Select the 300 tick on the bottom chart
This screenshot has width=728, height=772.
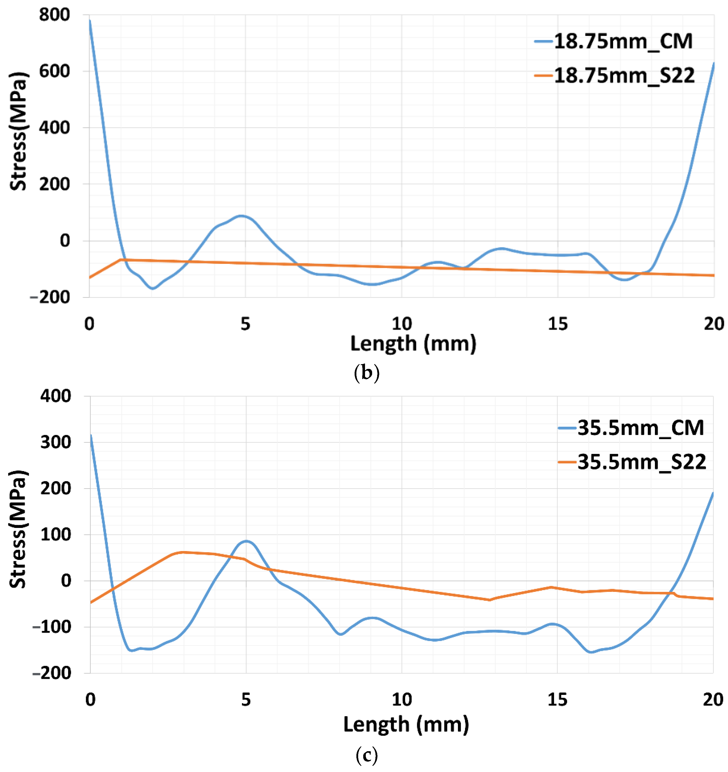[x=56, y=442]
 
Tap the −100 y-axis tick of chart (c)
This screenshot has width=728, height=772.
[x=52, y=627]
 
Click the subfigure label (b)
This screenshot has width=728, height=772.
[x=366, y=373]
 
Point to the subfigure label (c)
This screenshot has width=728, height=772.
[x=366, y=755]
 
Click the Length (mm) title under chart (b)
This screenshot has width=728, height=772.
[x=413, y=344]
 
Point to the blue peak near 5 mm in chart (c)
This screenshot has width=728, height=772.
[x=246, y=541]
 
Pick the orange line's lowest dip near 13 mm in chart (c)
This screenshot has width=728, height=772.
[x=489, y=600]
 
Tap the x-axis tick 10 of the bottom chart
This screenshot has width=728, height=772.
[x=401, y=700]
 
